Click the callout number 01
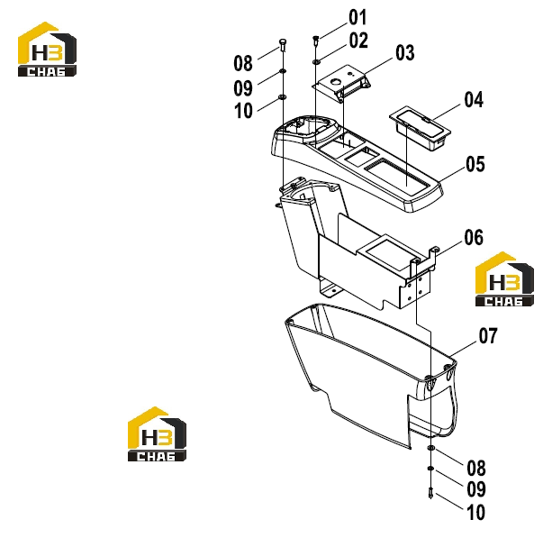(357, 18)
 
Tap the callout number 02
(358, 41)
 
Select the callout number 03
(405, 53)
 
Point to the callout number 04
(474, 100)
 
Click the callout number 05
(475, 164)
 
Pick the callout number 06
(474, 238)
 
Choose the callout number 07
(488, 335)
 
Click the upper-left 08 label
(243, 63)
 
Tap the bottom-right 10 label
(475, 513)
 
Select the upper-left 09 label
(243, 88)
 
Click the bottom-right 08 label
(476, 469)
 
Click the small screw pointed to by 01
(316, 41)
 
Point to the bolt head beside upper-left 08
(282, 45)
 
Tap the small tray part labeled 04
(420, 128)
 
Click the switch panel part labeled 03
(341, 83)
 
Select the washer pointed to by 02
(317, 62)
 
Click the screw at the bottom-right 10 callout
(430, 493)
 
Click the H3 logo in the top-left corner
(47, 50)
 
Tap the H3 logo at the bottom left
(157, 434)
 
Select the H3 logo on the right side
(504, 279)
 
